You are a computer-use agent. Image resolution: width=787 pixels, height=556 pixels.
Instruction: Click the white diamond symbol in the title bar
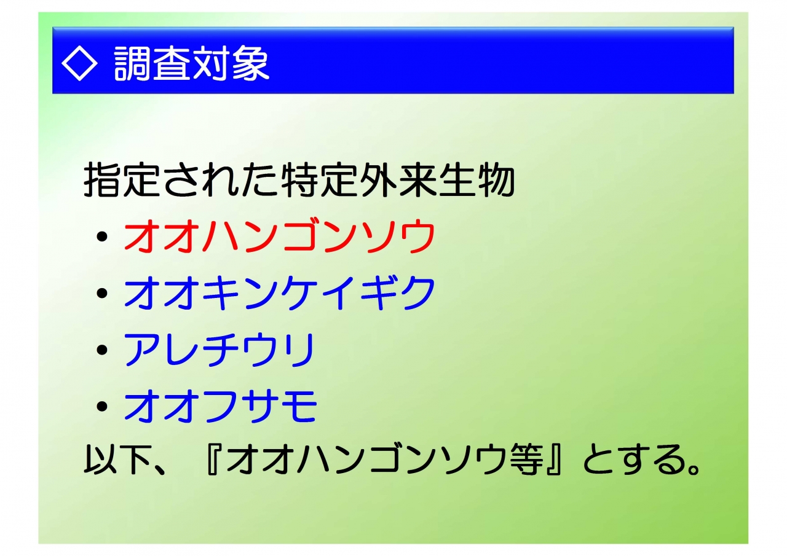point(79,63)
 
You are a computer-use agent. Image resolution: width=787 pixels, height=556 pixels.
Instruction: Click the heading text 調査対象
point(192,64)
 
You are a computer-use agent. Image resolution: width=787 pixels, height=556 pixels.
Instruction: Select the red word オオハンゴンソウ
point(280,235)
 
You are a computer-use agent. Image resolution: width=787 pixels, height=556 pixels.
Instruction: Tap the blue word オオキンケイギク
point(280,292)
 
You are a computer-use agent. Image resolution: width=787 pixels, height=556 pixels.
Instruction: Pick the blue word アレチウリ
point(219,350)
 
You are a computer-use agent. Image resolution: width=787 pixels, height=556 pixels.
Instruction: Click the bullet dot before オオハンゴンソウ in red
point(102,237)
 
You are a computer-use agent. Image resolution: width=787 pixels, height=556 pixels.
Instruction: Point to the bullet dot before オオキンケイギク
point(102,294)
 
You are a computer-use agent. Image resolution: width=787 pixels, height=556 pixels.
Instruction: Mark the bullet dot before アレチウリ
point(102,350)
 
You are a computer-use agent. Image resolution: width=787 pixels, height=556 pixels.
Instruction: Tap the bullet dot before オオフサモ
point(102,407)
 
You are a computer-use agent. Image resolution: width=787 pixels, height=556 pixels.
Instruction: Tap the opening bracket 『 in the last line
point(215,460)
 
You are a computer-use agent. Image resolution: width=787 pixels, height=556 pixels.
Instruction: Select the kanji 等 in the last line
point(527,460)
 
